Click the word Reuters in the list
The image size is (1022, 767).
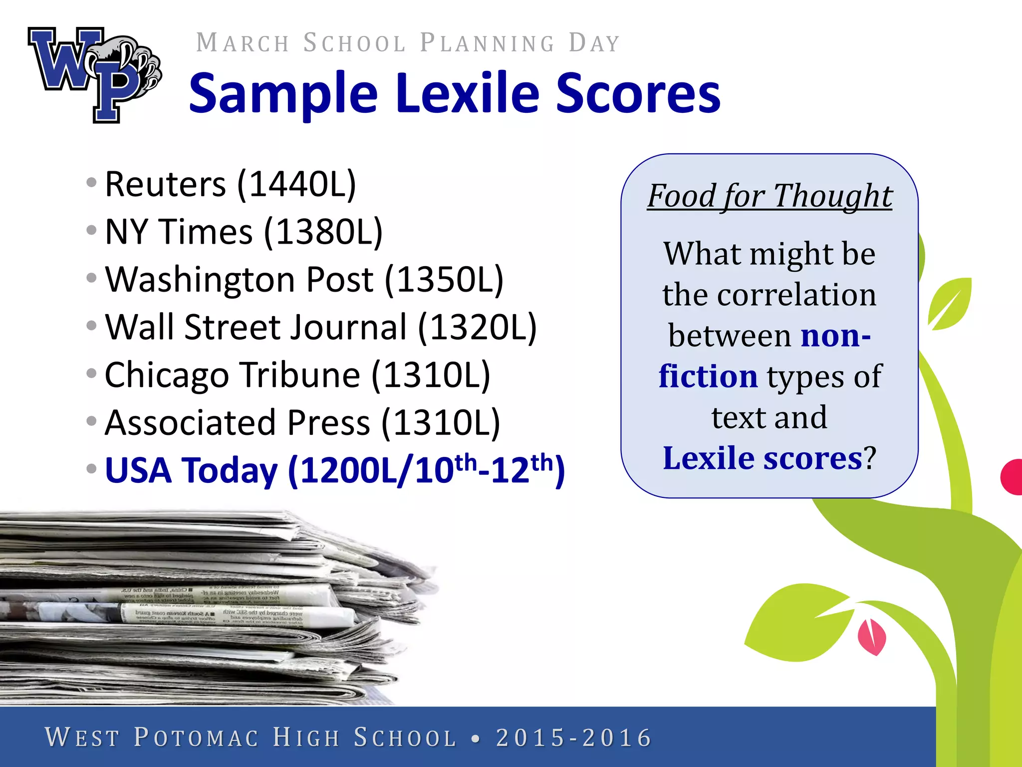point(165,184)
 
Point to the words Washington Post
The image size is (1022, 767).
point(239,279)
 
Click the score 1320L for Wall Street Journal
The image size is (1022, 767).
point(477,327)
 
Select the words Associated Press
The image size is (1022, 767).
point(238,422)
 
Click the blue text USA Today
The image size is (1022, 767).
point(191,470)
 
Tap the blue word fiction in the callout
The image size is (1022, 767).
point(708,376)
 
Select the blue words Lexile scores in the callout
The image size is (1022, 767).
point(763,458)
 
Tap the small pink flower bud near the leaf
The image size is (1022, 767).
point(871,637)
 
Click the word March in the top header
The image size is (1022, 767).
point(243,43)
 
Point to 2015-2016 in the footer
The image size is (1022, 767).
point(574,738)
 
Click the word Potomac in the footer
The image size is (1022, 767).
point(197,738)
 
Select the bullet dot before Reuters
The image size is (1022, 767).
point(91,182)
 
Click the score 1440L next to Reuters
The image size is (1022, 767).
point(296,184)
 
